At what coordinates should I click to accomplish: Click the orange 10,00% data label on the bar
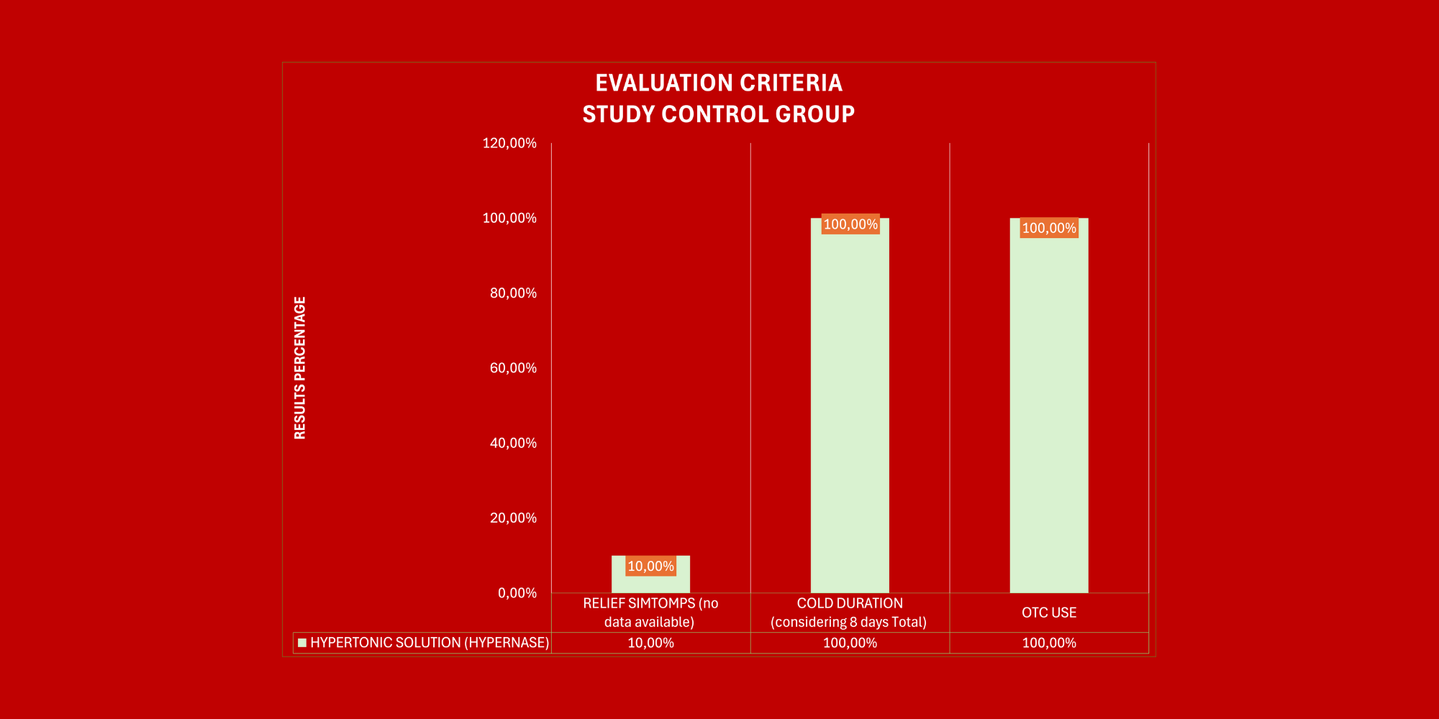click(650, 567)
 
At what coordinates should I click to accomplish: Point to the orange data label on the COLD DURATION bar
click(850, 224)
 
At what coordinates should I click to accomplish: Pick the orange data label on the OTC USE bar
click(1049, 228)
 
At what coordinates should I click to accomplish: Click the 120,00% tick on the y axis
click(509, 143)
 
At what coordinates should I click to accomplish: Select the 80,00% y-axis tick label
click(513, 293)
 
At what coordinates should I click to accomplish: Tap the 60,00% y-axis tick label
click(513, 368)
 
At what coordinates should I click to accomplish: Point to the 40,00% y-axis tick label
click(513, 443)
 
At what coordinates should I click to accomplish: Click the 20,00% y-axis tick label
click(513, 518)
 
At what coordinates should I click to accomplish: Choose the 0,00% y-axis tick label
click(517, 593)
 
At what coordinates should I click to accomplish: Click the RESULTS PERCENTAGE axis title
click(300, 367)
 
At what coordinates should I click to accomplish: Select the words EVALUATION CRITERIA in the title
click(719, 83)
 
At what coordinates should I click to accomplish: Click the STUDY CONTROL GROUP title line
click(719, 114)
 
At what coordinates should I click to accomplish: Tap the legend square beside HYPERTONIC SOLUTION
click(302, 643)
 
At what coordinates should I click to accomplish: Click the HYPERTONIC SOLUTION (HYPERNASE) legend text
click(430, 643)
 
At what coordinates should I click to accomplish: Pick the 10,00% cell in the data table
click(650, 643)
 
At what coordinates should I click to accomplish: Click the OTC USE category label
click(1049, 613)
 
